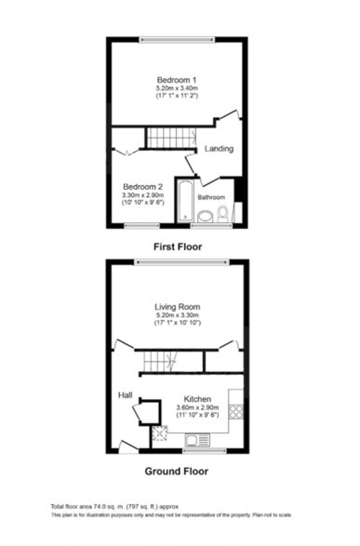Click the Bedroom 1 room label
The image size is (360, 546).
[177, 80]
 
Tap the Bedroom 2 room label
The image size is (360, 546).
[143, 187]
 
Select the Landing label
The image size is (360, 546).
[219, 148]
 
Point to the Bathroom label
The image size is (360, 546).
[211, 197]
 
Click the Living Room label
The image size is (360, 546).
[177, 307]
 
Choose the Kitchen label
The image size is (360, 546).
[197, 399]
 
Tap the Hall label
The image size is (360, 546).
[125, 395]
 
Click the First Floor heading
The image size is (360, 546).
[178, 247]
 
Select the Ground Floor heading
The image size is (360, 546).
[177, 471]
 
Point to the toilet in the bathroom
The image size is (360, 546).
[222, 214]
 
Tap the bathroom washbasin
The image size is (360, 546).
[205, 217]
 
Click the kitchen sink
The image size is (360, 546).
[197, 440]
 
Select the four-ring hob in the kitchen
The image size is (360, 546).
[236, 412]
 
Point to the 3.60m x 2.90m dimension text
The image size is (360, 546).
[198, 407]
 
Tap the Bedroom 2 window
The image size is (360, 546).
[142, 225]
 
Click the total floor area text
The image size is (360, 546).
[115, 506]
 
